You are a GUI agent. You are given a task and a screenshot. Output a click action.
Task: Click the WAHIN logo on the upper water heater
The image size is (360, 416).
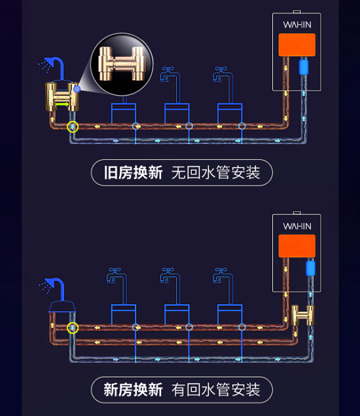[297, 25]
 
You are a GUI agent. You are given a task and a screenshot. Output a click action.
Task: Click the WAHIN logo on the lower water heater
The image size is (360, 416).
[297, 226]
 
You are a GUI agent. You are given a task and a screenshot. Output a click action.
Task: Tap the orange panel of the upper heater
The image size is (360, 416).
[297, 45]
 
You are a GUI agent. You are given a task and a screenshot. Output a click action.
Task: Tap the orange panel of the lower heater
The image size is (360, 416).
[297, 246]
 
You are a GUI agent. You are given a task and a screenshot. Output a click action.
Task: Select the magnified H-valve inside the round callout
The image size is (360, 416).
[122, 64]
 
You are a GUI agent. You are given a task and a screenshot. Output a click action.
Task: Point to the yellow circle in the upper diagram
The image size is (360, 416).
[73, 127]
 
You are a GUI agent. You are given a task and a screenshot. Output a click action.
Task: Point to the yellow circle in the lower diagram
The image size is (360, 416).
[73, 328]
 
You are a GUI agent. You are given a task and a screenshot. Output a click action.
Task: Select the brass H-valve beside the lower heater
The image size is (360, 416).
[303, 315]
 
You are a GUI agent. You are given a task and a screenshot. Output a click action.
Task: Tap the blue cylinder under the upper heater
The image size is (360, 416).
[304, 67]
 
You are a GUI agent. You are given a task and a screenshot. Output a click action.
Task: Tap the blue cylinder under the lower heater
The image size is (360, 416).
[310, 268]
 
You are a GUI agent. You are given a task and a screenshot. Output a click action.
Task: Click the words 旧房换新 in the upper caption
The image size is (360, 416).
[133, 173]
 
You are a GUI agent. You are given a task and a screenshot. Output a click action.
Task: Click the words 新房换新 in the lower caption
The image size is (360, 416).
[133, 390]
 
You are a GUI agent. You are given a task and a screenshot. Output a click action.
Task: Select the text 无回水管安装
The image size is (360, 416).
[216, 173]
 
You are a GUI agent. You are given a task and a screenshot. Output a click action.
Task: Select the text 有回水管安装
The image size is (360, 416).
[216, 390]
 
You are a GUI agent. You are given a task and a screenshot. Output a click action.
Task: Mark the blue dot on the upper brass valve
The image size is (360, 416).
[77, 89]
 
